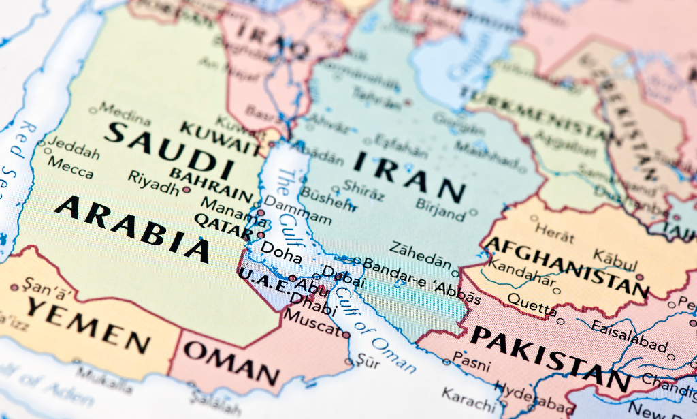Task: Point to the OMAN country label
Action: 231,363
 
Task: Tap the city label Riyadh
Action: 153,182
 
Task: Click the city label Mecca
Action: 69,168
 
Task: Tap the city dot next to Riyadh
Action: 187,189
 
